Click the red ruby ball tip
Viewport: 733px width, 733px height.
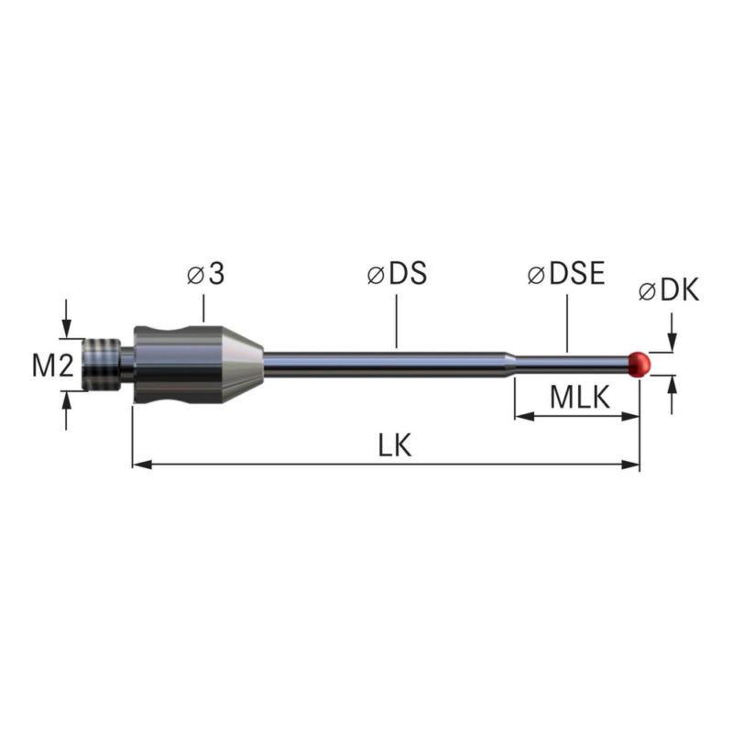click(640, 364)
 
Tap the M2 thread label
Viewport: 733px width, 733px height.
click(53, 365)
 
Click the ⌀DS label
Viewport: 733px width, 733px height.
click(397, 273)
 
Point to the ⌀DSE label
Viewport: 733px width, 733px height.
click(566, 273)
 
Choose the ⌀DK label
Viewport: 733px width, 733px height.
click(669, 290)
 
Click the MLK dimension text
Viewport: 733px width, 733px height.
click(580, 398)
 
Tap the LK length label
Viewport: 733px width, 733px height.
click(395, 445)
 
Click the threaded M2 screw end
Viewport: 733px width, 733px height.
click(102, 364)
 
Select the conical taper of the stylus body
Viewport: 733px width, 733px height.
click(241, 364)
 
